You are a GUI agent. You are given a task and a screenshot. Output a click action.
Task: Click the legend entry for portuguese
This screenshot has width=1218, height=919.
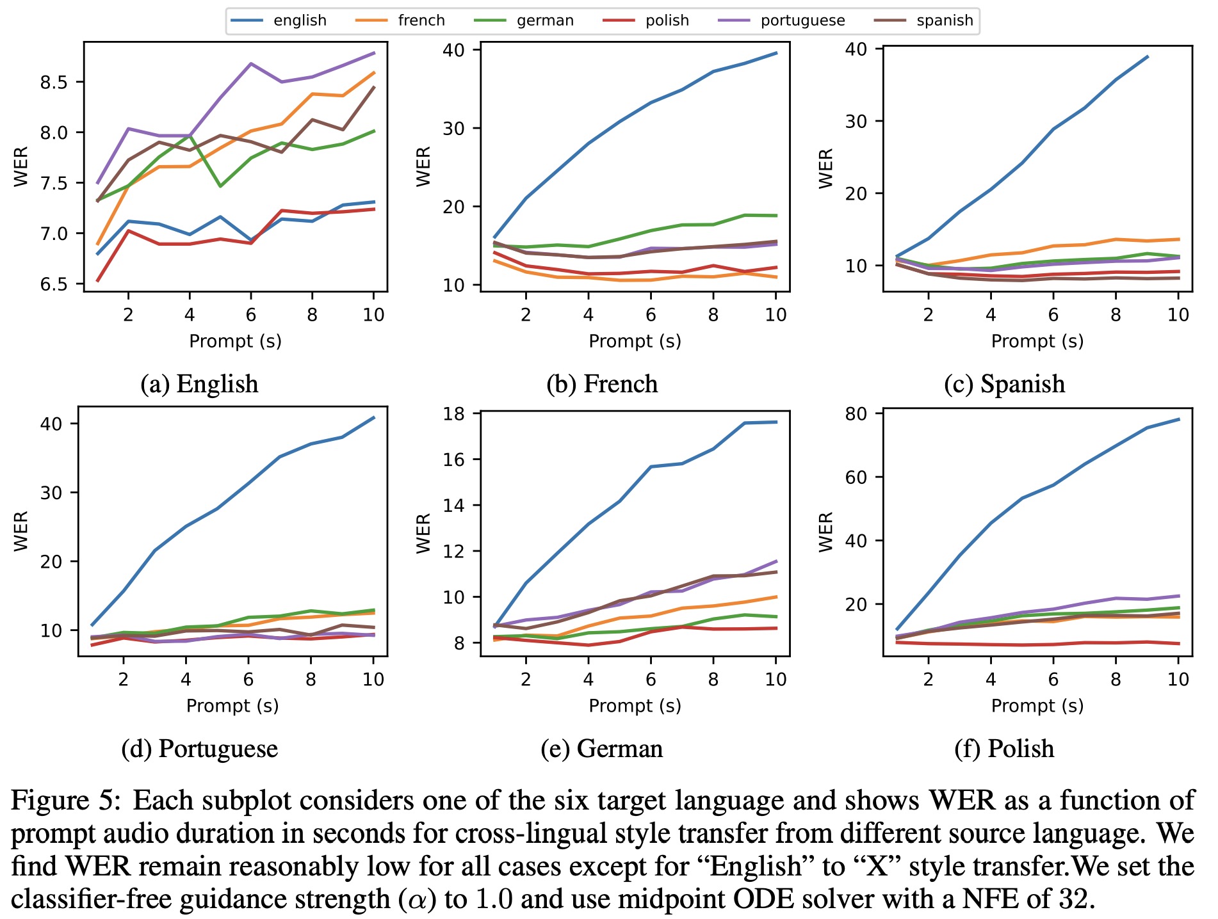(x=802, y=20)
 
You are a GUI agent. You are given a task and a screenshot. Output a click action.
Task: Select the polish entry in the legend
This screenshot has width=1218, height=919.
(x=667, y=20)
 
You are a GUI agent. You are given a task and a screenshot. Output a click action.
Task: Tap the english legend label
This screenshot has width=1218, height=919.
(x=300, y=20)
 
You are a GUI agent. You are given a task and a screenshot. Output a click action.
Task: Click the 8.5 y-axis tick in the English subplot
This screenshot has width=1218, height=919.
(x=54, y=83)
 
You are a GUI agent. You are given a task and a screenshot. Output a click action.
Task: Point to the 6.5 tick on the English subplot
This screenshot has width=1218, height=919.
(x=54, y=284)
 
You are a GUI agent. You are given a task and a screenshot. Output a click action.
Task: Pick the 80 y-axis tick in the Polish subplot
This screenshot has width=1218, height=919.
(x=856, y=413)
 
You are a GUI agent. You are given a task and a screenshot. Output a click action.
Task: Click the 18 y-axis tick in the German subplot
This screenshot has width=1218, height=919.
(x=453, y=413)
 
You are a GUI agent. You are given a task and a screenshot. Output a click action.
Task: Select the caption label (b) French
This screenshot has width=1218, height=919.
(x=602, y=384)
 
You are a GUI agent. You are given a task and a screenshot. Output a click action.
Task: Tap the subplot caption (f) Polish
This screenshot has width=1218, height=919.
(x=1003, y=748)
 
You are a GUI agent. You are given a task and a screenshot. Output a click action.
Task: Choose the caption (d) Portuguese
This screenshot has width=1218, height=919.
(x=199, y=748)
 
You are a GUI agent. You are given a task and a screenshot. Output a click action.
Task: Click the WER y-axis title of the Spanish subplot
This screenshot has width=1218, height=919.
(x=826, y=168)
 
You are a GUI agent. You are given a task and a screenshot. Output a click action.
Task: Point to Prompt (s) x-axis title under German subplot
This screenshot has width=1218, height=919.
(x=635, y=705)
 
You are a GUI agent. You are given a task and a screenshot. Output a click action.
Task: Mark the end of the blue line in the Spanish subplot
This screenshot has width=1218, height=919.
(x=1148, y=57)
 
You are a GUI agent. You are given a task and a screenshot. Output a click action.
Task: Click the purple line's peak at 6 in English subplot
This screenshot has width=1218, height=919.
(x=251, y=63)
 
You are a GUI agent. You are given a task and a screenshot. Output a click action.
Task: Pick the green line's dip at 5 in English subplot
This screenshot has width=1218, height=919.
(x=220, y=186)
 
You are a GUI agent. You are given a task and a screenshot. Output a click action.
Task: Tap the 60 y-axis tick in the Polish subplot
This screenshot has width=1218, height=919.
(x=856, y=477)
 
